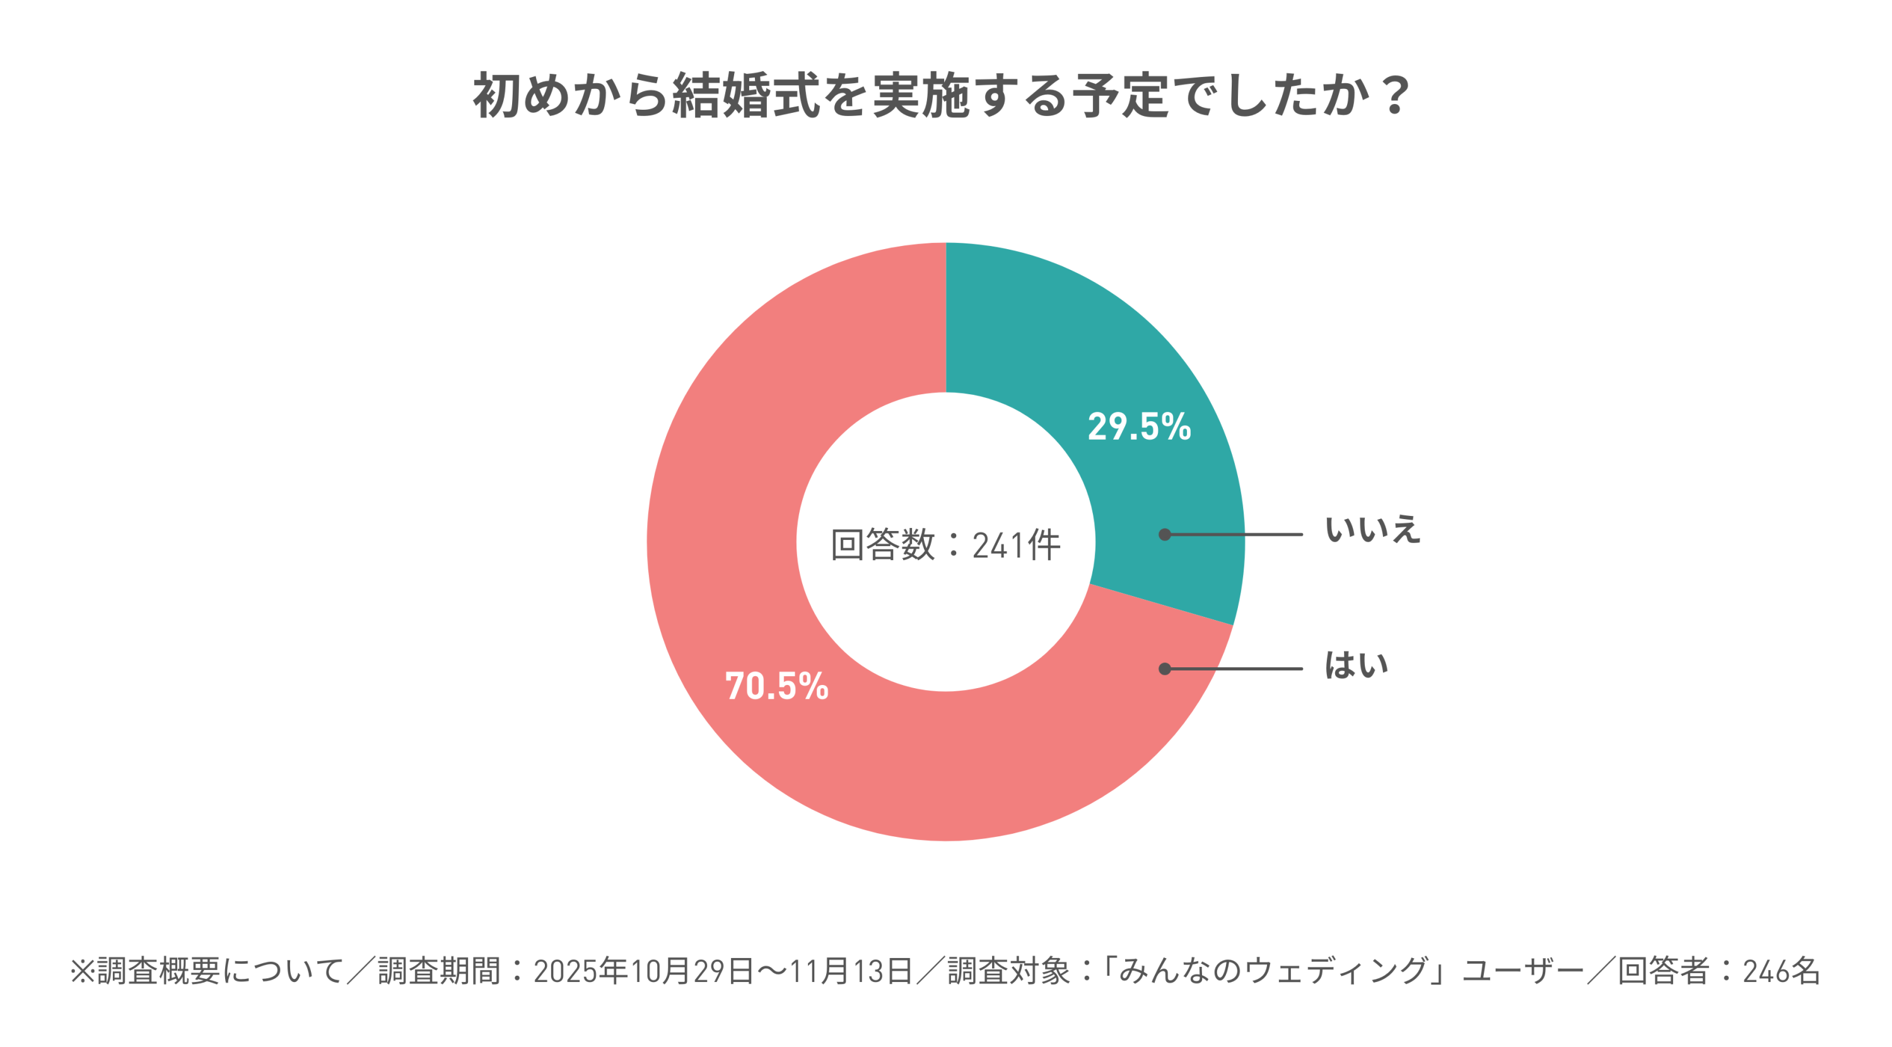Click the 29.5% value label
pyautogui.click(x=1138, y=427)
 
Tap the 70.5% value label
pyautogui.click(x=776, y=686)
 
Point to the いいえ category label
pyautogui.click(x=1372, y=530)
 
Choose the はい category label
pyautogui.click(x=1356, y=665)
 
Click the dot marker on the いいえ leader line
pyautogui.click(x=1165, y=535)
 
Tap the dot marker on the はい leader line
pyautogui.click(x=1165, y=669)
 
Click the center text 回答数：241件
pyautogui.click(x=945, y=545)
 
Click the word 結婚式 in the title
pyautogui.click(x=745, y=95)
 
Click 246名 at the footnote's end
pyautogui.click(x=1780, y=971)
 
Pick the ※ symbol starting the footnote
pyautogui.click(x=82, y=971)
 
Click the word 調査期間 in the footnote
pyautogui.click(x=439, y=971)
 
